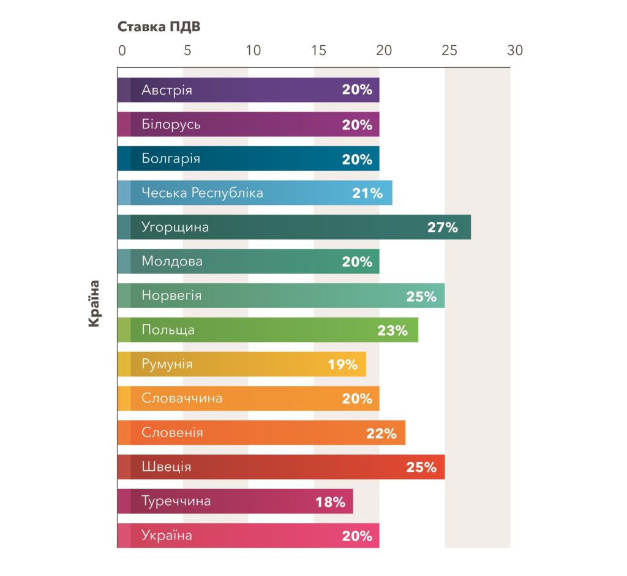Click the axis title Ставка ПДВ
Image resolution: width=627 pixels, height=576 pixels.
pos(159,28)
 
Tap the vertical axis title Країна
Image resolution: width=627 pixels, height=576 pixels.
pos(94,303)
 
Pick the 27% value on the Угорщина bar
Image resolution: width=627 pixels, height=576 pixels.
pos(442,228)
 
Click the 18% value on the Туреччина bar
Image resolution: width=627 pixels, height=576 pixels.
pos(330,503)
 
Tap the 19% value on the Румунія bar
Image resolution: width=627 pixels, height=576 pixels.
pos(342,365)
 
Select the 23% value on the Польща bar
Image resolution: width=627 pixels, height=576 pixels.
pos(392,331)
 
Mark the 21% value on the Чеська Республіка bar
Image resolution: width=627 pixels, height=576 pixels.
pos(367,194)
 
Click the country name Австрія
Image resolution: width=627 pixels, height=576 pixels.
pos(167,90)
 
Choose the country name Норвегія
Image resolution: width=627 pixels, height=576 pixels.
pos(171,296)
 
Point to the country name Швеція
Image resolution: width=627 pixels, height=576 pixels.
pos(166,467)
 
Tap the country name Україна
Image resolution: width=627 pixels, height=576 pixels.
pos(167,536)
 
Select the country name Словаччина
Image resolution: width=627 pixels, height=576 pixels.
pos(182,399)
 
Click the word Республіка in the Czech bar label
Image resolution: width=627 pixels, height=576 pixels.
pos(227,193)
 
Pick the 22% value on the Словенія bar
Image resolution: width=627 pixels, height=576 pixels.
pos(381,434)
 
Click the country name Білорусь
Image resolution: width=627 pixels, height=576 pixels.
pos(171,125)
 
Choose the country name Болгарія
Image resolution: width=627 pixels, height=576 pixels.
pos(170,159)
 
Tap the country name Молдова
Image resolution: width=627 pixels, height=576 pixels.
pos(172,262)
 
